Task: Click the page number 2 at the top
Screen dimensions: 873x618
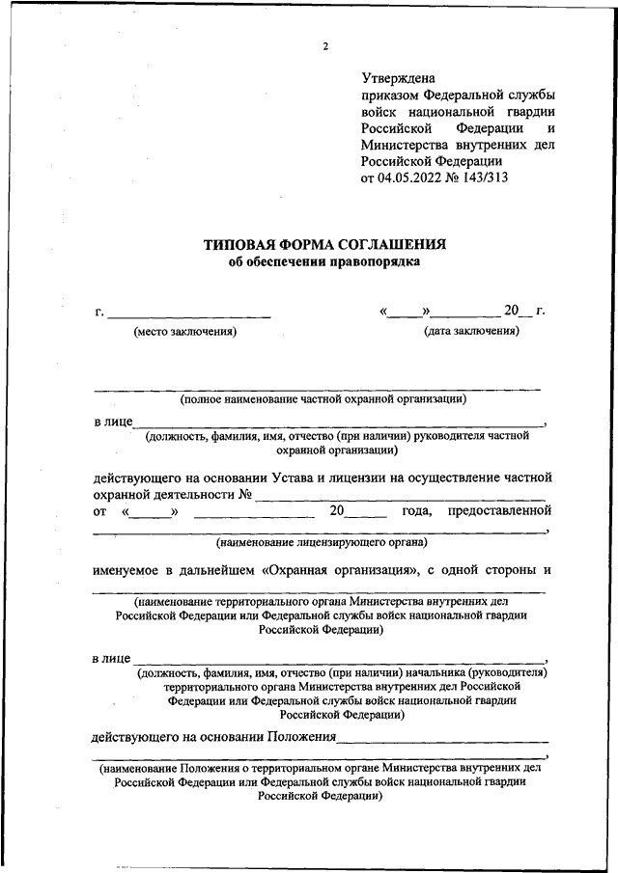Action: (x=325, y=45)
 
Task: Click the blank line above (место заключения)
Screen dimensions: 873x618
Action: (x=189, y=315)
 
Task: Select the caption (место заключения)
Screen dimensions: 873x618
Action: (x=184, y=332)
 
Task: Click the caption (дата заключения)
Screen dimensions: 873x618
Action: (x=471, y=331)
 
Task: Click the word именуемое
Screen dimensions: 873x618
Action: (x=134, y=569)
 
